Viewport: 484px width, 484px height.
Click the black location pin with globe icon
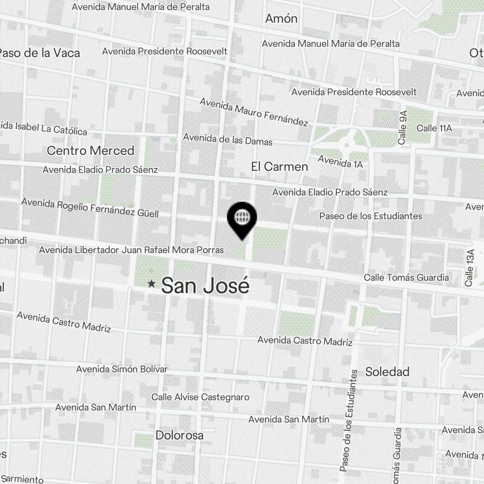(242, 218)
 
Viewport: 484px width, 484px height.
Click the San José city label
(205, 286)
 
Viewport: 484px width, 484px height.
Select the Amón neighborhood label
(281, 19)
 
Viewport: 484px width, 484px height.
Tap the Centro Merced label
(91, 151)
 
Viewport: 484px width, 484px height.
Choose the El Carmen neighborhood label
(279, 166)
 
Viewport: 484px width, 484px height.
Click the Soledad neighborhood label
(387, 372)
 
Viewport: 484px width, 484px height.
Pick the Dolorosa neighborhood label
(180, 435)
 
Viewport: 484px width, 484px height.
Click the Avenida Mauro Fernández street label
(254, 112)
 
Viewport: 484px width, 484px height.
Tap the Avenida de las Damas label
(227, 139)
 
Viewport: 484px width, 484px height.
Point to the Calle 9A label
(403, 127)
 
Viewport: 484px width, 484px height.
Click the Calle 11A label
(434, 128)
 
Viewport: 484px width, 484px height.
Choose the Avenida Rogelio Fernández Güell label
(90, 208)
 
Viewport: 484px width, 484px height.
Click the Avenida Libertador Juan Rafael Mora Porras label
(131, 250)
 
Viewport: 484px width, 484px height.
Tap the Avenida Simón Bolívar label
(122, 369)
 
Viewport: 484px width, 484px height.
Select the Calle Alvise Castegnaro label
(200, 397)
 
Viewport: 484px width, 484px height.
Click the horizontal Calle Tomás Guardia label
(406, 278)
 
